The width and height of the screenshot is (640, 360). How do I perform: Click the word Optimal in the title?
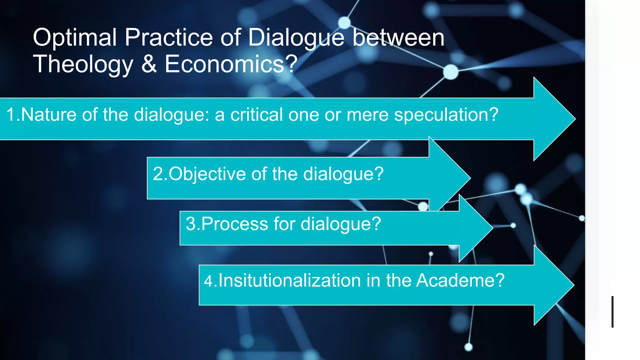(x=75, y=37)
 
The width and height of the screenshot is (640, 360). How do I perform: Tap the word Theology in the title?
(x=83, y=64)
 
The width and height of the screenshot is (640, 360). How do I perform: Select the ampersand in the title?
(x=149, y=64)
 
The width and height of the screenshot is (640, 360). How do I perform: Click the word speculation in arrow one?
(x=446, y=115)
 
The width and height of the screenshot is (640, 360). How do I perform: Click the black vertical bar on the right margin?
(x=612, y=312)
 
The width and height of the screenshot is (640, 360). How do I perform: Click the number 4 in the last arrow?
(x=208, y=281)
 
